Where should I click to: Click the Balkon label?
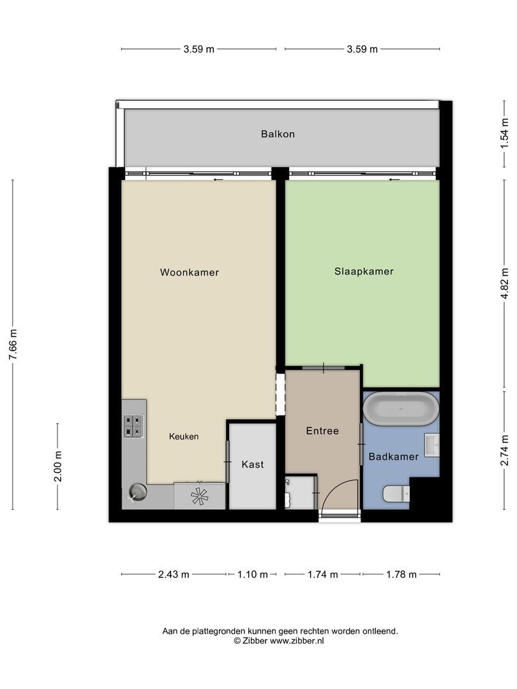click(x=278, y=135)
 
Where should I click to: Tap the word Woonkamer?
click(x=190, y=272)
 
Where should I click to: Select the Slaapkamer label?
click(x=364, y=271)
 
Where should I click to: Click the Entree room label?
click(x=322, y=431)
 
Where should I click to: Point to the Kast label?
click(x=253, y=464)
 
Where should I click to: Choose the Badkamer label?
click(x=394, y=457)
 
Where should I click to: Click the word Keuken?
click(x=184, y=437)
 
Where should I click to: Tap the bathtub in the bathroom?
click(x=401, y=409)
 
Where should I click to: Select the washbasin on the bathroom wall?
click(x=432, y=445)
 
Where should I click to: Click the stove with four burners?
click(x=133, y=426)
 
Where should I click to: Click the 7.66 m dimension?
click(x=13, y=344)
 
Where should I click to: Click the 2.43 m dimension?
click(x=174, y=574)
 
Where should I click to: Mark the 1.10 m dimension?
click(x=252, y=574)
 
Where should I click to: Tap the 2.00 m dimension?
click(x=57, y=466)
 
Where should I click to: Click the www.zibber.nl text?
click(x=297, y=641)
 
